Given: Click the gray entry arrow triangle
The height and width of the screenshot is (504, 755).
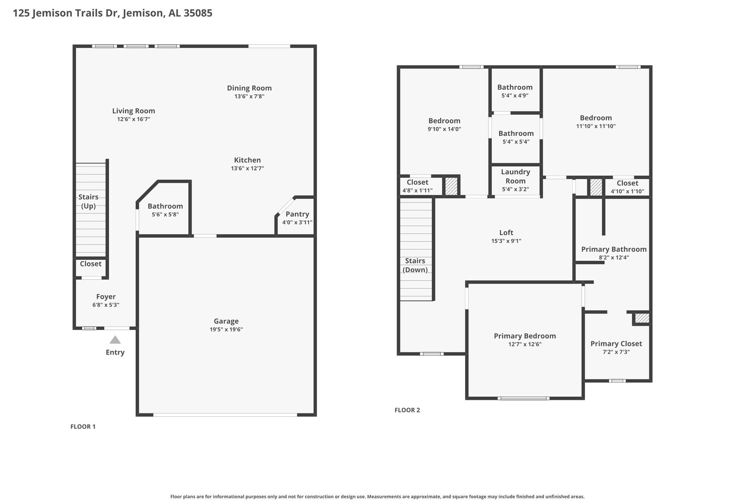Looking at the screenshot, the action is coord(115,340).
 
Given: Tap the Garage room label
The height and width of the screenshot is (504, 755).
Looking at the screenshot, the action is coord(226,321).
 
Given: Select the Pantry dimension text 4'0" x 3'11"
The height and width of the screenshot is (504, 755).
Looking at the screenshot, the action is coord(297,223).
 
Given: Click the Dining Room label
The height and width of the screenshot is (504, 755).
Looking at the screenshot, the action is coord(249,88).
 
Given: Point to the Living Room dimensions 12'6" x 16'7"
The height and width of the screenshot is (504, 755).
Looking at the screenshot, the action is coord(134,119).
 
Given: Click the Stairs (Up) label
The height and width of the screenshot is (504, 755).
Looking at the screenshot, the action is coord(88,202).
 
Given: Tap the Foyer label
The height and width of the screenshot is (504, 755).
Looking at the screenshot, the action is coord(106,297).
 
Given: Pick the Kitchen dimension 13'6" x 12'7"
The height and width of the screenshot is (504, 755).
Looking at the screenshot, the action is coord(247,168).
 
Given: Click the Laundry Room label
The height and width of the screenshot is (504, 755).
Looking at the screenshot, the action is coord(515,176).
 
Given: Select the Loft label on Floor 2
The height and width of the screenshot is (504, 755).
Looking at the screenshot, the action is coord(506,232).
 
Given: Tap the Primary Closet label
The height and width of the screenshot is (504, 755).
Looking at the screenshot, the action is coord(616,343).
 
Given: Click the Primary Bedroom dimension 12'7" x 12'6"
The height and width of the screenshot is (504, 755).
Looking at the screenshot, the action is coord(525,344).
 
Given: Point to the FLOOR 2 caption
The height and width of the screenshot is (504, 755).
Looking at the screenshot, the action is coord(407,410).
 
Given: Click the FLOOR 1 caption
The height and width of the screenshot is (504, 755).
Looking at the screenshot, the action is coord(83,427).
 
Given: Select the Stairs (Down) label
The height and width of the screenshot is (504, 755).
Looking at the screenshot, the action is coord(415,266).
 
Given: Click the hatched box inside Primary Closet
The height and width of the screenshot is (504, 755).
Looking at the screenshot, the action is coord(642,318).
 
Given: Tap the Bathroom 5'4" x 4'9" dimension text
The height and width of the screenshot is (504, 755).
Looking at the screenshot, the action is coord(515,96).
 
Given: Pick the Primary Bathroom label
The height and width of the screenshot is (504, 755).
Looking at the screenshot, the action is coord(614,250).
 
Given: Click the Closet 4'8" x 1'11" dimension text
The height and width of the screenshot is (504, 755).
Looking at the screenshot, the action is coord(417,190).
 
